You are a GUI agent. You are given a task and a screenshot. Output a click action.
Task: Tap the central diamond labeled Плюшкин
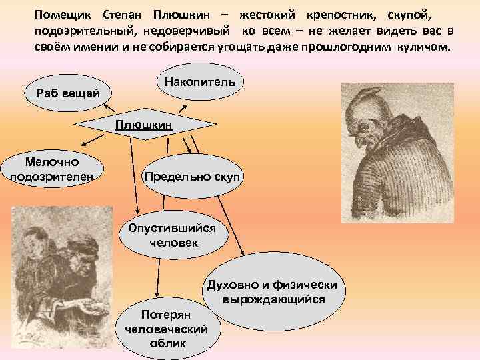tap(143, 125)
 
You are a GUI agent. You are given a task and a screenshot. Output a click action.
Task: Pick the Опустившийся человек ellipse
tap(173, 235)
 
